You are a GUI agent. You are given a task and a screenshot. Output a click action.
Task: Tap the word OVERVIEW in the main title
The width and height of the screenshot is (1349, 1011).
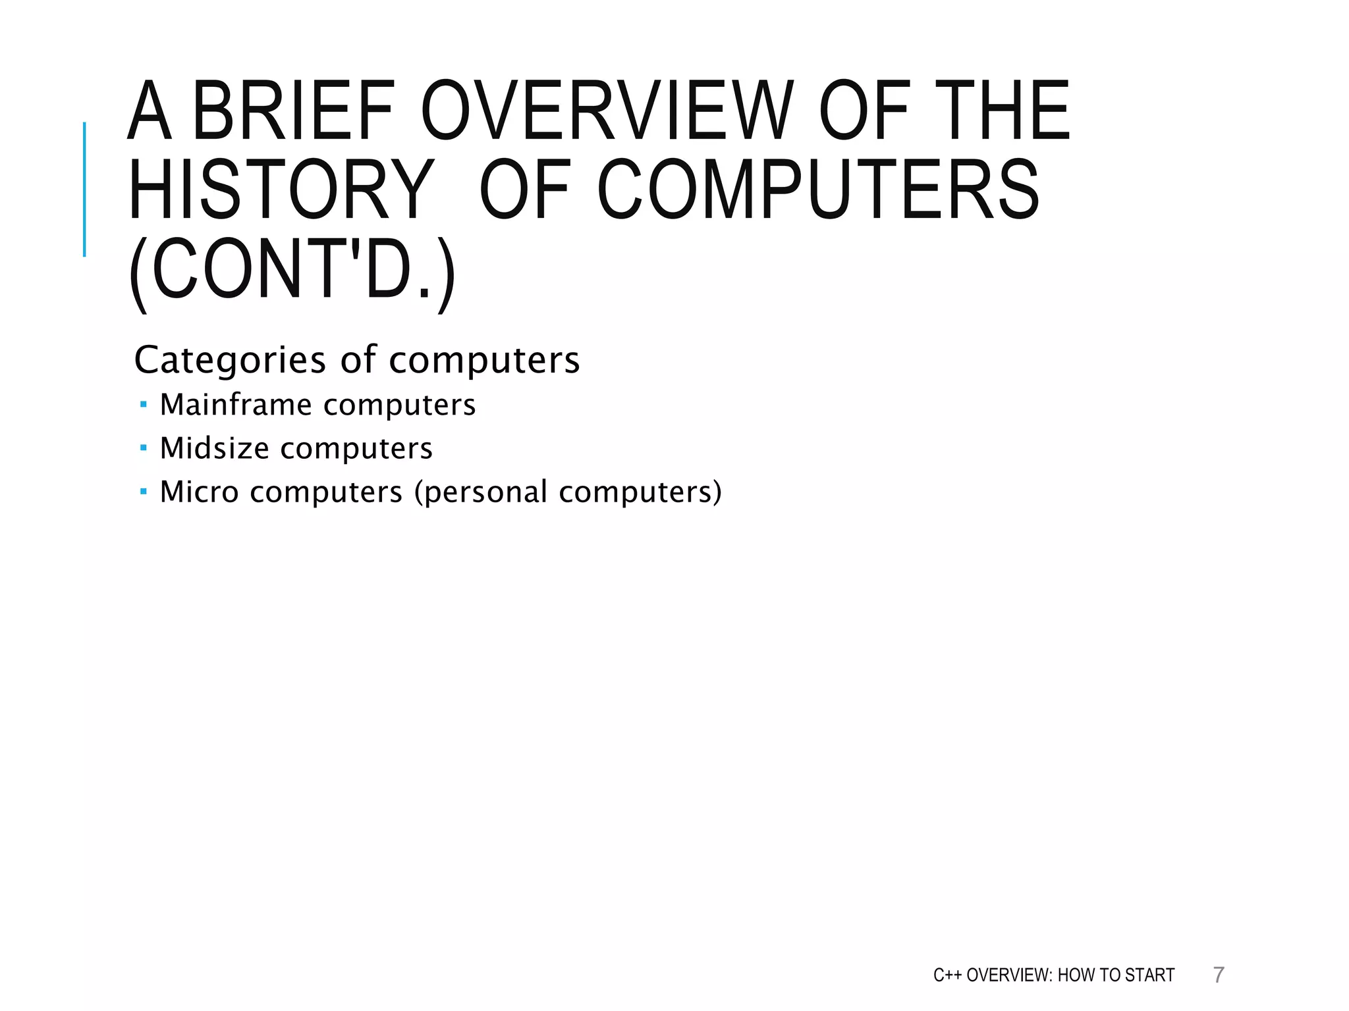pos(607,111)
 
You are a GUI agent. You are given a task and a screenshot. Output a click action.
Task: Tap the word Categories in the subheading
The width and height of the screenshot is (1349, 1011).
pos(230,360)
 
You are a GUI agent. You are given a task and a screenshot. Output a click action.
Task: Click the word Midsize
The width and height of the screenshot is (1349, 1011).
pos(215,448)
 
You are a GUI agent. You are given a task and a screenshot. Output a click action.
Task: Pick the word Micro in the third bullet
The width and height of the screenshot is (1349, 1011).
pos(199,492)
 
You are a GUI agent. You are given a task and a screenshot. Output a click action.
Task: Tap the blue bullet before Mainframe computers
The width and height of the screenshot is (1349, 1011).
pos(144,404)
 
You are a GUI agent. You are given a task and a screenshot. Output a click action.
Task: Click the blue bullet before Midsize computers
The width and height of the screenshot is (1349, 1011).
pos(144,448)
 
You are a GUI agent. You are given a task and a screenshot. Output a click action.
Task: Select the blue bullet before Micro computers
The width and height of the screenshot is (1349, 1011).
pos(144,491)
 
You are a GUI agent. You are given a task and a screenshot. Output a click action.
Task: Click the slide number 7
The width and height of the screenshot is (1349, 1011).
pos(1219,975)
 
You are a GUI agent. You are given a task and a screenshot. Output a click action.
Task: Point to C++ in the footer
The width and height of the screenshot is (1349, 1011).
pos(947,975)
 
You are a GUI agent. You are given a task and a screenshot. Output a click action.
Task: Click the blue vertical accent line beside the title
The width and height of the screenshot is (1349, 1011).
pos(84,190)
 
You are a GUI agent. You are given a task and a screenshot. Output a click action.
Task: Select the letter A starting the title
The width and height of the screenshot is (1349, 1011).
pos(150,111)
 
